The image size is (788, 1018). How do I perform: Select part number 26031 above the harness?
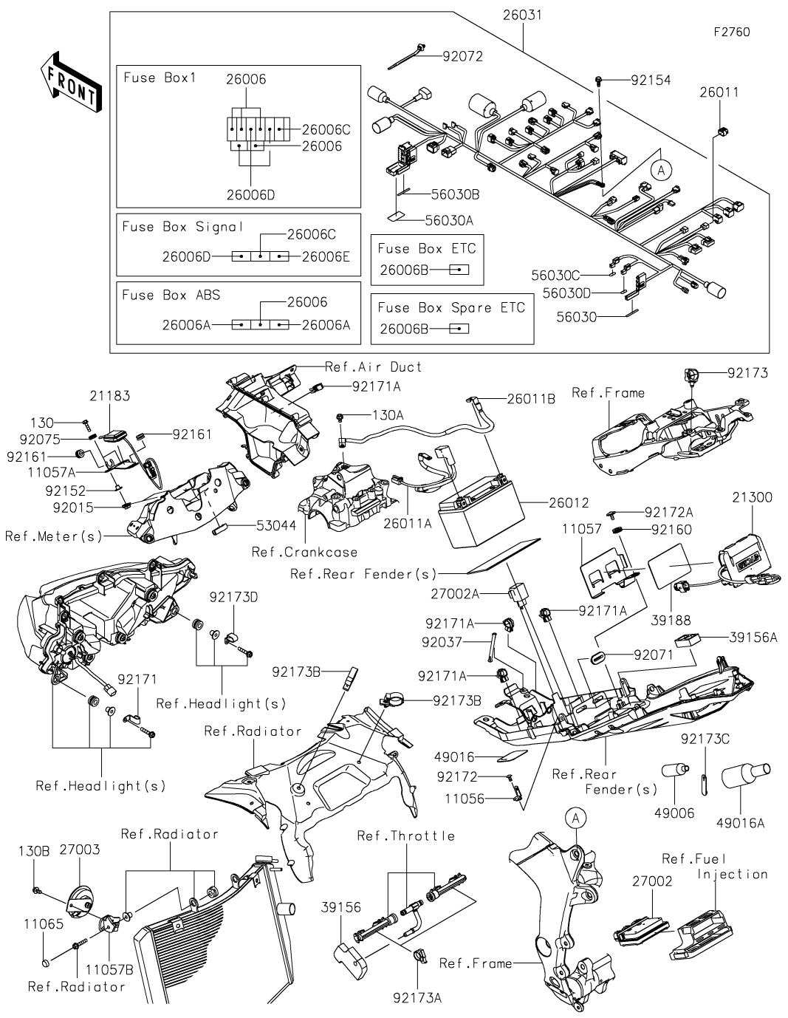point(522,14)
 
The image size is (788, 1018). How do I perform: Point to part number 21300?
point(753,497)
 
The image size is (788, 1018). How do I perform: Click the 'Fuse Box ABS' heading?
point(171,295)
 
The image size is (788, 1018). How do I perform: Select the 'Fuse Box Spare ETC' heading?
point(451,307)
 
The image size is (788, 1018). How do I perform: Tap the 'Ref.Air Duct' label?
point(374,366)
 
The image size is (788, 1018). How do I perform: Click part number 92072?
point(463,56)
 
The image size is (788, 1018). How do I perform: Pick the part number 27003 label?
point(79,850)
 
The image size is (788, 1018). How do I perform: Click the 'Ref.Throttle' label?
point(405,836)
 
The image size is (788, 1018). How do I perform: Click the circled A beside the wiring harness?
point(662,169)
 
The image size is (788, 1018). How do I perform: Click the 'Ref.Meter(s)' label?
point(54,536)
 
